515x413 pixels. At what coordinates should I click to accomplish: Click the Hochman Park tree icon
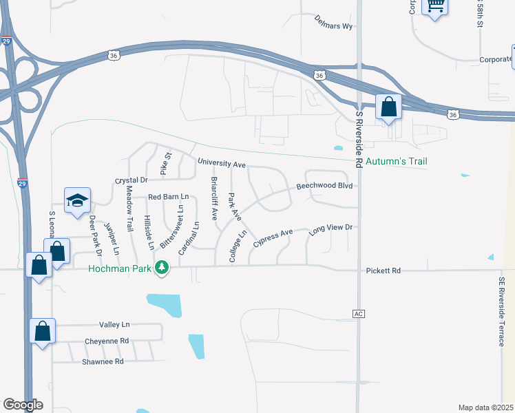[x=162, y=267]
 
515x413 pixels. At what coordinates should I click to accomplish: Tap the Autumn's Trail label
[x=396, y=162]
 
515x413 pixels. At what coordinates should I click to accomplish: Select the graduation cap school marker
[x=78, y=200]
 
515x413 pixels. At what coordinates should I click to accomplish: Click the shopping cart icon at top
[x=434, y=6]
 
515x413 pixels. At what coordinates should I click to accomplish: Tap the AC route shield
[x=357, y=314]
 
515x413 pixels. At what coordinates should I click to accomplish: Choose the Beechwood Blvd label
[x=324, y=187]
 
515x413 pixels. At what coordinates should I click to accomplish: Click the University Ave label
[x=222, y=164]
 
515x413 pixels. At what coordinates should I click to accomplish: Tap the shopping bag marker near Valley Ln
[x=43, y=331]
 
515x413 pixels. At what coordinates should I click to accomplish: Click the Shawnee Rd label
[x=102, y=361]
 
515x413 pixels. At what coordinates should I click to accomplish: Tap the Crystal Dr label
[x=131, y=180]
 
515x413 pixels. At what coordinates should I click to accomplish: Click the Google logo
[x=23, y=405]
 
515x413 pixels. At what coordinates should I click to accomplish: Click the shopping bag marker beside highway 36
[x=389, y=107]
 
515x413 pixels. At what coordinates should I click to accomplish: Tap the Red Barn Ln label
[x=169, y=197]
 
